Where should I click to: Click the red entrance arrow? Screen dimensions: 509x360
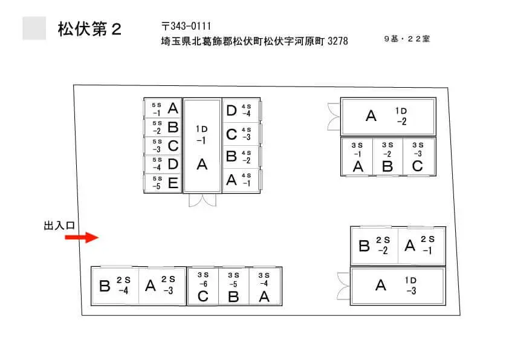click(82, 237)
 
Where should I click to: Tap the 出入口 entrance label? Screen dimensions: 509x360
click(59, 226)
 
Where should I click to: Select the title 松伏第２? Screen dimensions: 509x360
click(89, 29)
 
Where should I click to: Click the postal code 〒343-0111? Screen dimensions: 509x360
click(186, 26)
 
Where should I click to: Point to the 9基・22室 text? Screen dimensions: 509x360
click(407, 39)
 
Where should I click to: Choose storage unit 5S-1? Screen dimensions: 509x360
click(163, 108)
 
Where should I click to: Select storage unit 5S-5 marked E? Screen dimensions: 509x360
click(163, 183)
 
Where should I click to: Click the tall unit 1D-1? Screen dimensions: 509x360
click(202, 146)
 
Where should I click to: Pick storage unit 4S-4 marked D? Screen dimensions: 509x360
click(241, 111)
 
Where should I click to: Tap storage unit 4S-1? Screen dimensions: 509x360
click(241, 180)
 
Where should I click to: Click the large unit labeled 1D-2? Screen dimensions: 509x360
click(388, 117)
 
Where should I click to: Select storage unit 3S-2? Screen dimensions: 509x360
click(387, 157)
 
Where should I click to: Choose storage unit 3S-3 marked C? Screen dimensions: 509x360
click(418, 157)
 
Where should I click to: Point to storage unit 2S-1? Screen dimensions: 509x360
click(421, 246)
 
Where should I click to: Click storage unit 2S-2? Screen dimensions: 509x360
click(375, 246)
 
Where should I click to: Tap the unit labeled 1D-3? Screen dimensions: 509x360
click(398, 286)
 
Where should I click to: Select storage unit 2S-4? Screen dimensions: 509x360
click(115, 286)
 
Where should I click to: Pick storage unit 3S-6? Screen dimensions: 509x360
click(203, 286)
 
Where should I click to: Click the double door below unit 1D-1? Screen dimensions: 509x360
click(203, 200)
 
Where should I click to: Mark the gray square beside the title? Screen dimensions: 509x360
click(34, 28)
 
